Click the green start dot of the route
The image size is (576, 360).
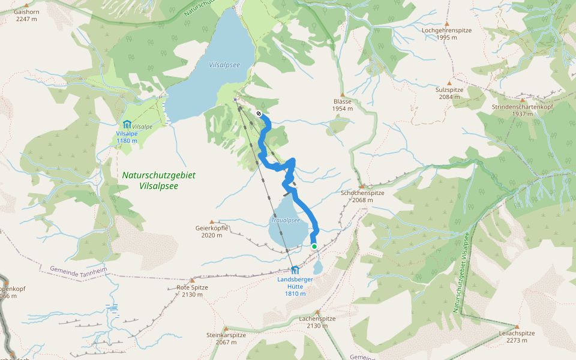point(314,246)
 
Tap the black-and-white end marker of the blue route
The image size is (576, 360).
point(259,113)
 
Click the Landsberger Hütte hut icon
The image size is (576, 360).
point(295,270)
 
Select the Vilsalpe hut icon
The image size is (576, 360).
point(127,124)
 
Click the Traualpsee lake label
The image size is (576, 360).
point(285,220)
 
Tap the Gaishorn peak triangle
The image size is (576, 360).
point(26,4)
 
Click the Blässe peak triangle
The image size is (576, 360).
point(342,94)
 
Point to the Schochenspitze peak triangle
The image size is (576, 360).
point(362,186)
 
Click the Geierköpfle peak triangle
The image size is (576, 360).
point(212,221)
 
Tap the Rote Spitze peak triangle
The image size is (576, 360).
point(192,280)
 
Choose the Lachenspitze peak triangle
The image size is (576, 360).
point(317,312)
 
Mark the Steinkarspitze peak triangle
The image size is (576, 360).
point(226,328)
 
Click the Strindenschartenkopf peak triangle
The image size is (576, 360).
point(522,100)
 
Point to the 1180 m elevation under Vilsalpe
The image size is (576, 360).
point(127,141)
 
